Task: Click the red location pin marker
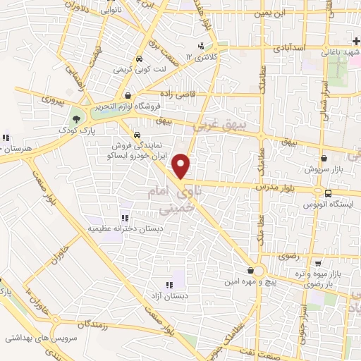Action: (x=182, y=166)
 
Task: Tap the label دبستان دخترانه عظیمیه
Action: (x=126, y=229)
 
